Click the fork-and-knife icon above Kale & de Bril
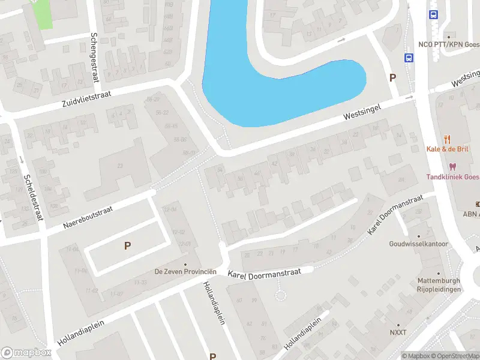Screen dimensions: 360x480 (x=447, y=139)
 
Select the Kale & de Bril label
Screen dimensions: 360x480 (x=447, y=149)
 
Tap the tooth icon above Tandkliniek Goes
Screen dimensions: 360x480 (x=452, y=166)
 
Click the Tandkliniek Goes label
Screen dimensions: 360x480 (x=453, y=176)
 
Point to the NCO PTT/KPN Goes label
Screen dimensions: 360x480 (x=449, y=45)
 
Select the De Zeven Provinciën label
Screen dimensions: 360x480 (x=185, y=272)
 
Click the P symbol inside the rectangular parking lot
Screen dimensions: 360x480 (x=127, y=245)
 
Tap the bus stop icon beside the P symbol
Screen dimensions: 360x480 (x=409, y=58)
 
